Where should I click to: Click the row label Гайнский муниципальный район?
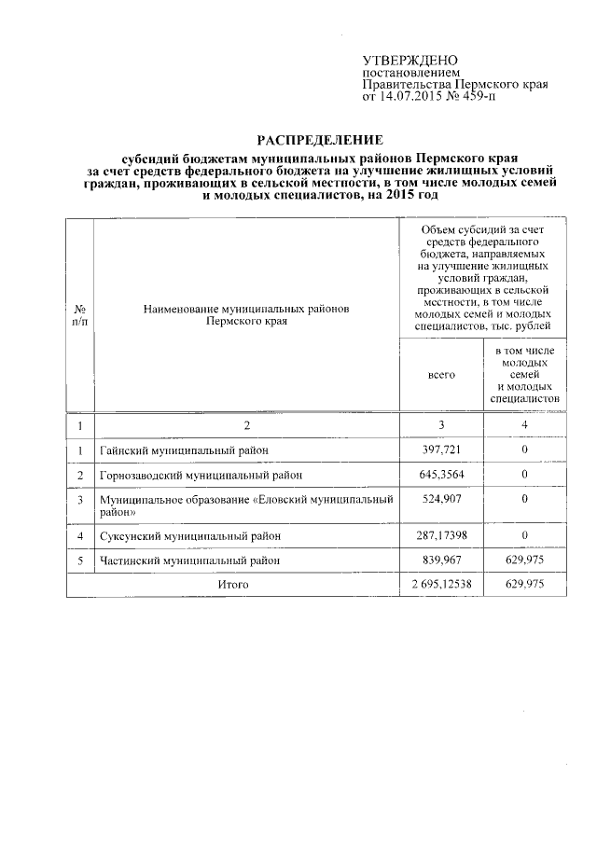pyautogui.click(x=185, y=450)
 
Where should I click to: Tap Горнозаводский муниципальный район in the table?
pyautogui.click(x=200, y=475)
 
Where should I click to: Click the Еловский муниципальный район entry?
pyautogui.click(x=246, y=505)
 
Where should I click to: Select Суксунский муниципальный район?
pyautogui.click(x=190, y=536)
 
